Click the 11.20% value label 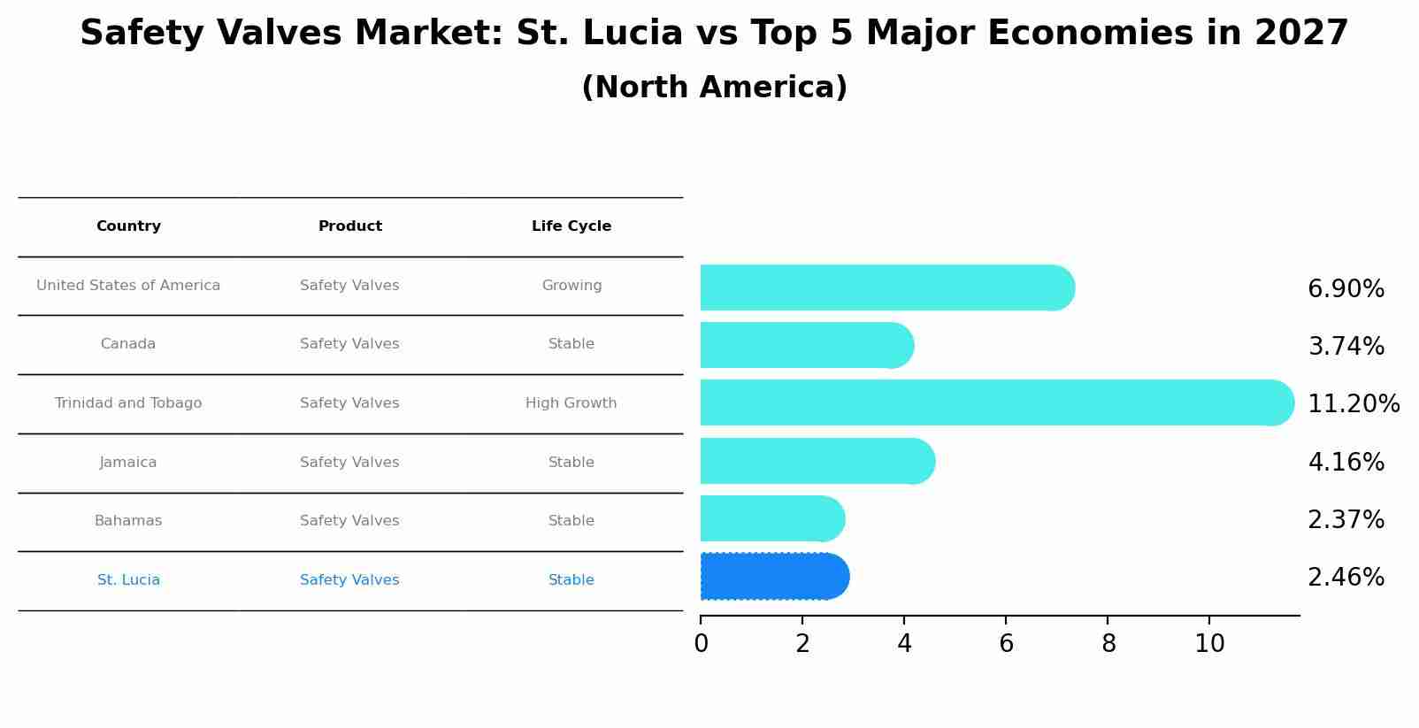(x=1353, y=404)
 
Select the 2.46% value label (x=1346, y=578)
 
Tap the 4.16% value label (x=1346, y=463)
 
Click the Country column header (x=128, y=226)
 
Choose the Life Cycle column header (x=571, y=226)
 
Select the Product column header (x=349, y=226)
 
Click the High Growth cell (x=571, y=403)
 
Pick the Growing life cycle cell (x=571, y=286)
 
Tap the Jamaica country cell (x=128, y=463)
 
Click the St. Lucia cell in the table (x=128, y=580)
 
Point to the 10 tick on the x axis (x=1209, y=644)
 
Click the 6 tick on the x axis (x=1006, y=644)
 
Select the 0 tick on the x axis (x=701, y=644)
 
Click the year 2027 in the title (x=1301, y=34)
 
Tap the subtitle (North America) (x=714, y=88)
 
